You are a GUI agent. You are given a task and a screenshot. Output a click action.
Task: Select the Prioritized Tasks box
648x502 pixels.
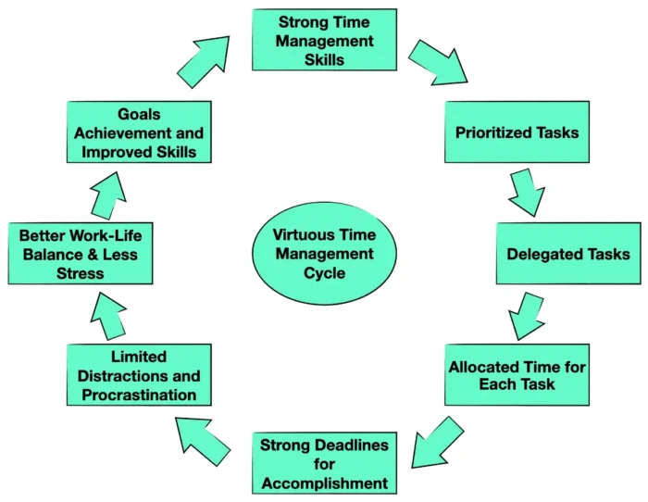pyautogui.click(x=517, y=132)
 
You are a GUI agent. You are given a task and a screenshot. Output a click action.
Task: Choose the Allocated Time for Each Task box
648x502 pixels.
pyautogui.click(x=517, y=374)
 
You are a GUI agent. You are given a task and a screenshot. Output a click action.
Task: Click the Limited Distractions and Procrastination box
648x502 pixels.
pyautogui.click(x=138, y=374)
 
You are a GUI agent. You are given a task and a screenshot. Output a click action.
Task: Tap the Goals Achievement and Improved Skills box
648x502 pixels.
pyautogui.click(x=138, y=132)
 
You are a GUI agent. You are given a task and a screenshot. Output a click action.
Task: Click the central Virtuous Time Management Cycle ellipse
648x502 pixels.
pyautogui.click(x=324, y=252)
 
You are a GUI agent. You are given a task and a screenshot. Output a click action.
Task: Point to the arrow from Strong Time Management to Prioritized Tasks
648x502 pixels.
pyautogui.click(x=442, y=63)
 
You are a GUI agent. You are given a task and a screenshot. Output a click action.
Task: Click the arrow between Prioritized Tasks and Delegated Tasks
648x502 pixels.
pyautogui.click(x=526, y=192)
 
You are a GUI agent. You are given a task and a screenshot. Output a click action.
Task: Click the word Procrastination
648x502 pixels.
pyautogui.click(x=138, y=394)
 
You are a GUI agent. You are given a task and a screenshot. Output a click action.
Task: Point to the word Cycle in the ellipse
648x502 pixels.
pyautogui.click(x=324, y=273)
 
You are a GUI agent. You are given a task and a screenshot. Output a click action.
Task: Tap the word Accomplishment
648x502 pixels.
pyautogui.click(x=323, y=483)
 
